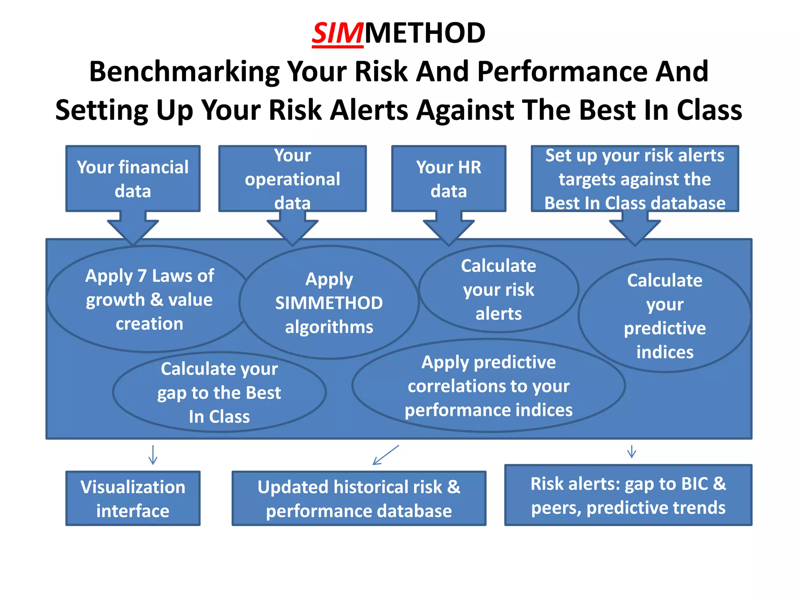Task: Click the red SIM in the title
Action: pyautogui.click(x=337, y=33)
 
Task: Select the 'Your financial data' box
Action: pyautogui.click(x=133, y=179)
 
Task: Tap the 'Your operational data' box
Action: pyautogui.click(x=292, y=179)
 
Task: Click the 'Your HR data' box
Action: pyautogui.click(x=448, y=179)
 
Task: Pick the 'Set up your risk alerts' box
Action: pyautogui.click(x=635, y=179)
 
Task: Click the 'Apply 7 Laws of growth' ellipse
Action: pyautogui.click(x=149, y=299)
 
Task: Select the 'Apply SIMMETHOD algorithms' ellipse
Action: pyautogui.click(x=329, y=303)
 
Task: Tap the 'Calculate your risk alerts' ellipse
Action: pyautogui.click(x=498, y=289)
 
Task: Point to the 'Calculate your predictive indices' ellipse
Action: pyautogui.click(x=665, y=316)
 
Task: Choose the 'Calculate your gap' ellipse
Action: pyautogui.click(x=219, y=392)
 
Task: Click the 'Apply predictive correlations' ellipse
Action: pyautogui.click(x=488, y=386)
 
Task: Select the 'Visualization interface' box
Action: pyautogui.click(x=133, y=498)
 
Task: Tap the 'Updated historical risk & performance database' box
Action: pyautogui.click(x=359, y=498)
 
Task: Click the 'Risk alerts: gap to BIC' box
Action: pyautogui.click(x=628, y=495)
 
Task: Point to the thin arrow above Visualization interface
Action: pyautogui.click(x=153, y=455)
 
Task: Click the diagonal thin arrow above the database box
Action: pyautogui.click(x=385, y=455)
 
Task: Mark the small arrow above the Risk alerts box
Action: pyautogui.click(x=632, y=452)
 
